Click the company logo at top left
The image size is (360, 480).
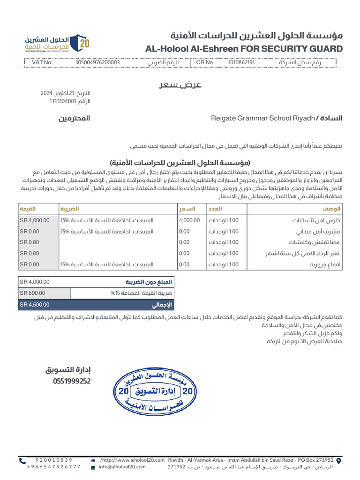(x=57, y=44)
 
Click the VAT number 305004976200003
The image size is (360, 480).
(x=97, y=62)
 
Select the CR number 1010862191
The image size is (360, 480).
(x=241, y=62)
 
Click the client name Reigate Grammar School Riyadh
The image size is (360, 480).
(x=262, y=119)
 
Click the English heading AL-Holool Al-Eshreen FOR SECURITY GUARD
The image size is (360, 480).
(x=244, y=49)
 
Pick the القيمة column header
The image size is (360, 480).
(x=27, y=208)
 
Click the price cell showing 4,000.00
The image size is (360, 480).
(x=189, y=220)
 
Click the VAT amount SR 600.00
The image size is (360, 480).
(x=33, y=293)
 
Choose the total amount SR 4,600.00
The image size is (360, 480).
(x=34, y=305)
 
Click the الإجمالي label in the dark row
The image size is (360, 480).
(x=162, y=305)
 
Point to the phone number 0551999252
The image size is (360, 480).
(x=72, y=382)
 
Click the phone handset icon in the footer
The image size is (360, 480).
(x=22, y=461)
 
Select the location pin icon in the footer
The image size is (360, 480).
(x=339, y=461)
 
